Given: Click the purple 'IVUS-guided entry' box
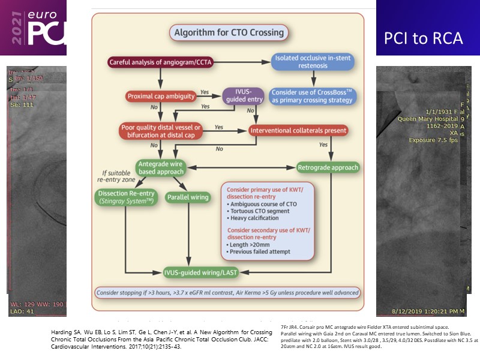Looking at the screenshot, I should (x=244, y=96).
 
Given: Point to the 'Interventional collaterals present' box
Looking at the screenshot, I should (x=298, y=130).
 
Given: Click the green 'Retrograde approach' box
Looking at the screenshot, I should (x=328, y=167).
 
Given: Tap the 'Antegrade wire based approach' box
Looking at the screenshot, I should (x=161, y=167).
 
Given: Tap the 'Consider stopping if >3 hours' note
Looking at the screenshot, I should (x=227, y=293).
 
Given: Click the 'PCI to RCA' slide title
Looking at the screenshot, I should (x=424, y=38).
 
